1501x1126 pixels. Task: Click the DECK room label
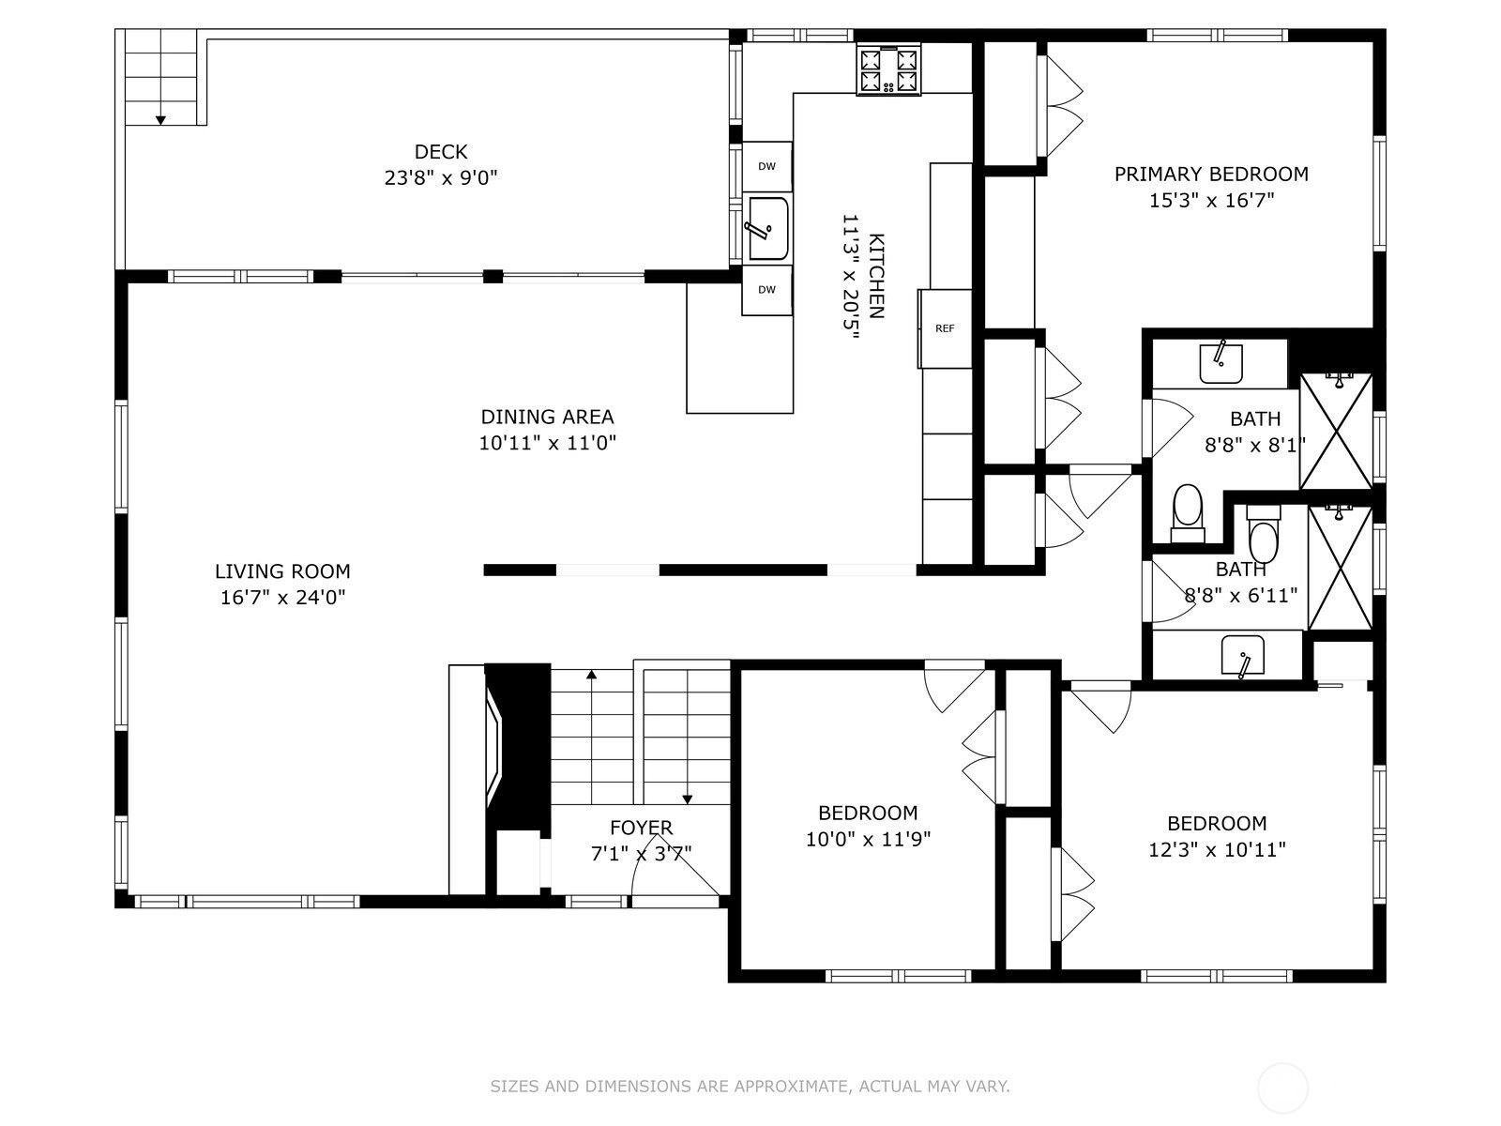[x=440, y=151]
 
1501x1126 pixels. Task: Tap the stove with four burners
[x=888, y=69]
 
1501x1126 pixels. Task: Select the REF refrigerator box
[x=945, y=328]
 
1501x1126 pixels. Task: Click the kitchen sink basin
[x=768, y=228]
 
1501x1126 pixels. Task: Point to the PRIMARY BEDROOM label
[x=1211, y=175]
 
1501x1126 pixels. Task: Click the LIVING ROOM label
[x=282, y=571]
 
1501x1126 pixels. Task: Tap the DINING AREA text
[x=547, y=417]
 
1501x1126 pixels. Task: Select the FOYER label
[x=642, y=828]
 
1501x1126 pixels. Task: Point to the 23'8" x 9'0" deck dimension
[x=440, y=177]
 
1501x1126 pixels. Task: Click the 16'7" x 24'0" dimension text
[x=282, y=598]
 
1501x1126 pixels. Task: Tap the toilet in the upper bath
[x=1188, y=513]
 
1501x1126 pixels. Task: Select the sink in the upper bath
[x=1221, y=364]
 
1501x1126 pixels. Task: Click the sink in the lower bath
[x=1242, y=655]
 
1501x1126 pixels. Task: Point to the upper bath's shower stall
[x=1336, y=431]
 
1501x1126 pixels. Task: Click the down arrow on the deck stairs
[x=160, y=120]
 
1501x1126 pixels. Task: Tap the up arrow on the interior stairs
[x=592, y=674]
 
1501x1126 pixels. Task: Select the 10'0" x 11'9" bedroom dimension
[x=868, y=839]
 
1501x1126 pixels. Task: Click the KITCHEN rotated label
[x=876, y=276]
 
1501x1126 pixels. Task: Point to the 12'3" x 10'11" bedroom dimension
[x=1217, y=849]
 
